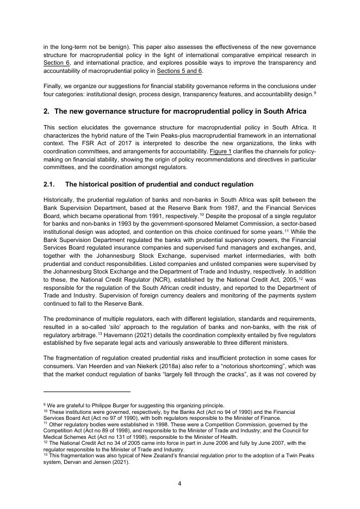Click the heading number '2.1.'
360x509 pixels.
(51, 184)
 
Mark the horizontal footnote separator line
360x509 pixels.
(87, 391)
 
